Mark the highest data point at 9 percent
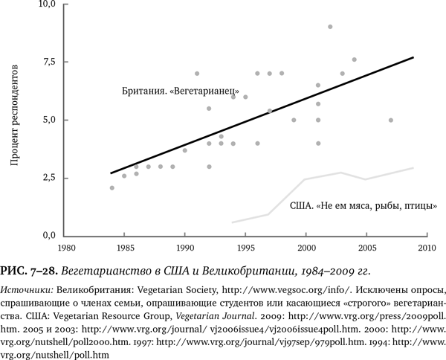330,27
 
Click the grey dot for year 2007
390,120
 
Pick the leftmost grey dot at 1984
112,187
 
